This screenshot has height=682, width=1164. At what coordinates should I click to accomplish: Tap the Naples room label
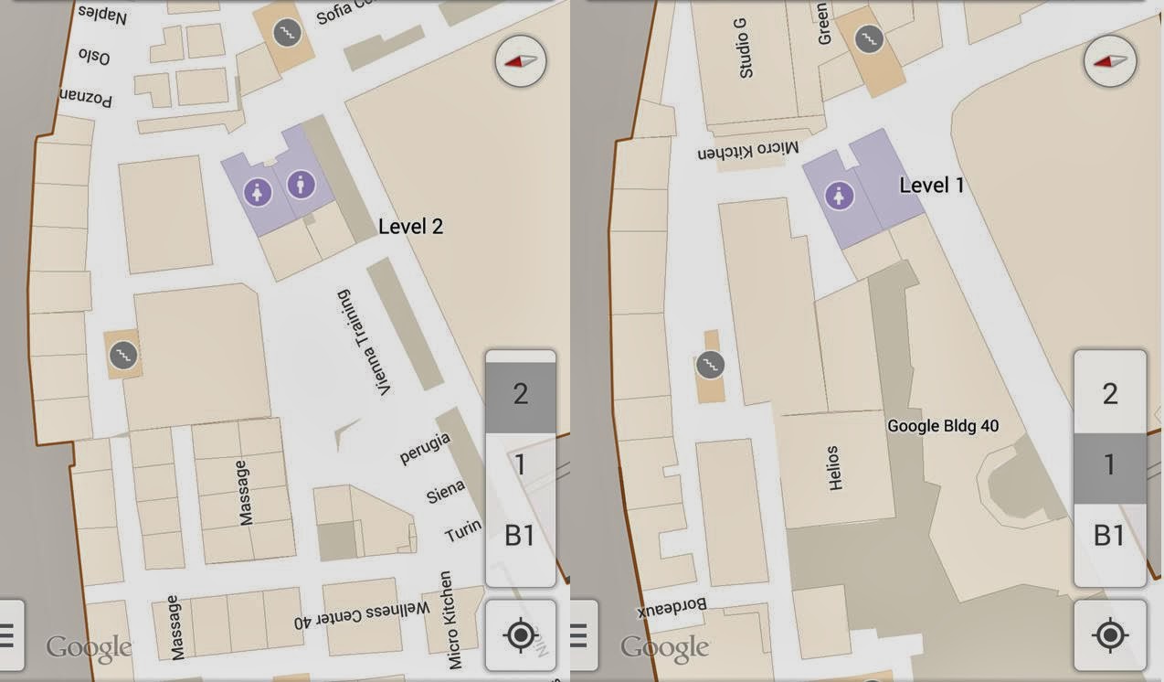[103, 14]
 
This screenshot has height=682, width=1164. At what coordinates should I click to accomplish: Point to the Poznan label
[86, 96]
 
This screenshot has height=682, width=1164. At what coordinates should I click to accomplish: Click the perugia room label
[425, 449]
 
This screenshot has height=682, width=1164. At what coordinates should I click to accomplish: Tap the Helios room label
[833, 468]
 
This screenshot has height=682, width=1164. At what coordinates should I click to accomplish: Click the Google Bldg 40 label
[943, 426]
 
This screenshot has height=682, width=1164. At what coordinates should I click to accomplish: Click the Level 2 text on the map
[410, 227]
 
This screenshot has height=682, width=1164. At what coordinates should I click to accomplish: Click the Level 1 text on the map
[932, 186]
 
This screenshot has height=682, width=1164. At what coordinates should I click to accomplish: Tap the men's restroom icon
[301, 186]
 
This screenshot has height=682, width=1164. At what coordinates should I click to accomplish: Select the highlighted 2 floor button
[520, 395]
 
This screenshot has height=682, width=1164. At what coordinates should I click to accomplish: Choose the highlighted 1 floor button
[1109, 465]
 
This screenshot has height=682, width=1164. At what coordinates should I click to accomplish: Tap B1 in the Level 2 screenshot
[520, 536]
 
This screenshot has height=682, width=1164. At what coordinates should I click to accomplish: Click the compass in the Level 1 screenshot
[1111, 62]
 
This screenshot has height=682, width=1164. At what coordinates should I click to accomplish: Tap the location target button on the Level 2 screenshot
[521, 634]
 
